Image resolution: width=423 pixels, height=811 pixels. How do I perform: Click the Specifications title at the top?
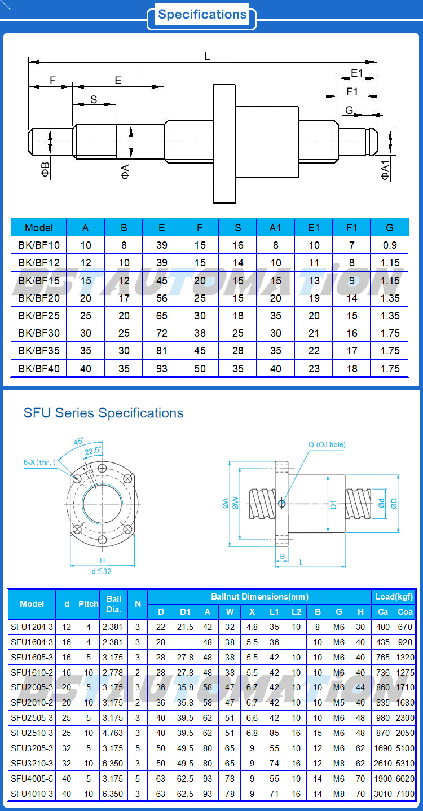point(202,15)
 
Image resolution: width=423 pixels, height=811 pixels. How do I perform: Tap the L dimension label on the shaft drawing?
point(208,56)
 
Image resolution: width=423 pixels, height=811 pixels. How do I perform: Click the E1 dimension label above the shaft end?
point(357,73)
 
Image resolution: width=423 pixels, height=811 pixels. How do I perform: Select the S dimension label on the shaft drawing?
point(94,100)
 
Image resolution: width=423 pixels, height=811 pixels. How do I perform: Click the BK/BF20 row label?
point(38,298)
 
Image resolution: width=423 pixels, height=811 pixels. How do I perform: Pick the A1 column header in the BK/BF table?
point(275,228)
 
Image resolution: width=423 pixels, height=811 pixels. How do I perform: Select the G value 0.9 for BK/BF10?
point(389,245)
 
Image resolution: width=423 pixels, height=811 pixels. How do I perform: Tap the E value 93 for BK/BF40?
point(161,369)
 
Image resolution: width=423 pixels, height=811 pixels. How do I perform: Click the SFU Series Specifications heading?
point(103,413)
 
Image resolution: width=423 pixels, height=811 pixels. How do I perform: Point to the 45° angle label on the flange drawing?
point(78,442)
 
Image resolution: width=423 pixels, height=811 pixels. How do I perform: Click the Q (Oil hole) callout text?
point(327,445)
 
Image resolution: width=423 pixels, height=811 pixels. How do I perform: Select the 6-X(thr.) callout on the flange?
point(39,462)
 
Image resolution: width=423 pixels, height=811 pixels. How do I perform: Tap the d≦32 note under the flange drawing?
point(102,571)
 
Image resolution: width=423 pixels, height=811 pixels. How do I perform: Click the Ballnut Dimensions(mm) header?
point(259,597)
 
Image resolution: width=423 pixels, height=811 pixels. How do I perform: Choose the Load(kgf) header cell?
point(394,597)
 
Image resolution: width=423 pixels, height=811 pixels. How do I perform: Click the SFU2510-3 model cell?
point(32,733)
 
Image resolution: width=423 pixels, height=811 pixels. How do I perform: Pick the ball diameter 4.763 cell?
point(113,733)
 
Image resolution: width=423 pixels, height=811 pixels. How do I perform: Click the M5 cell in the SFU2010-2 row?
point(338,703)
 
